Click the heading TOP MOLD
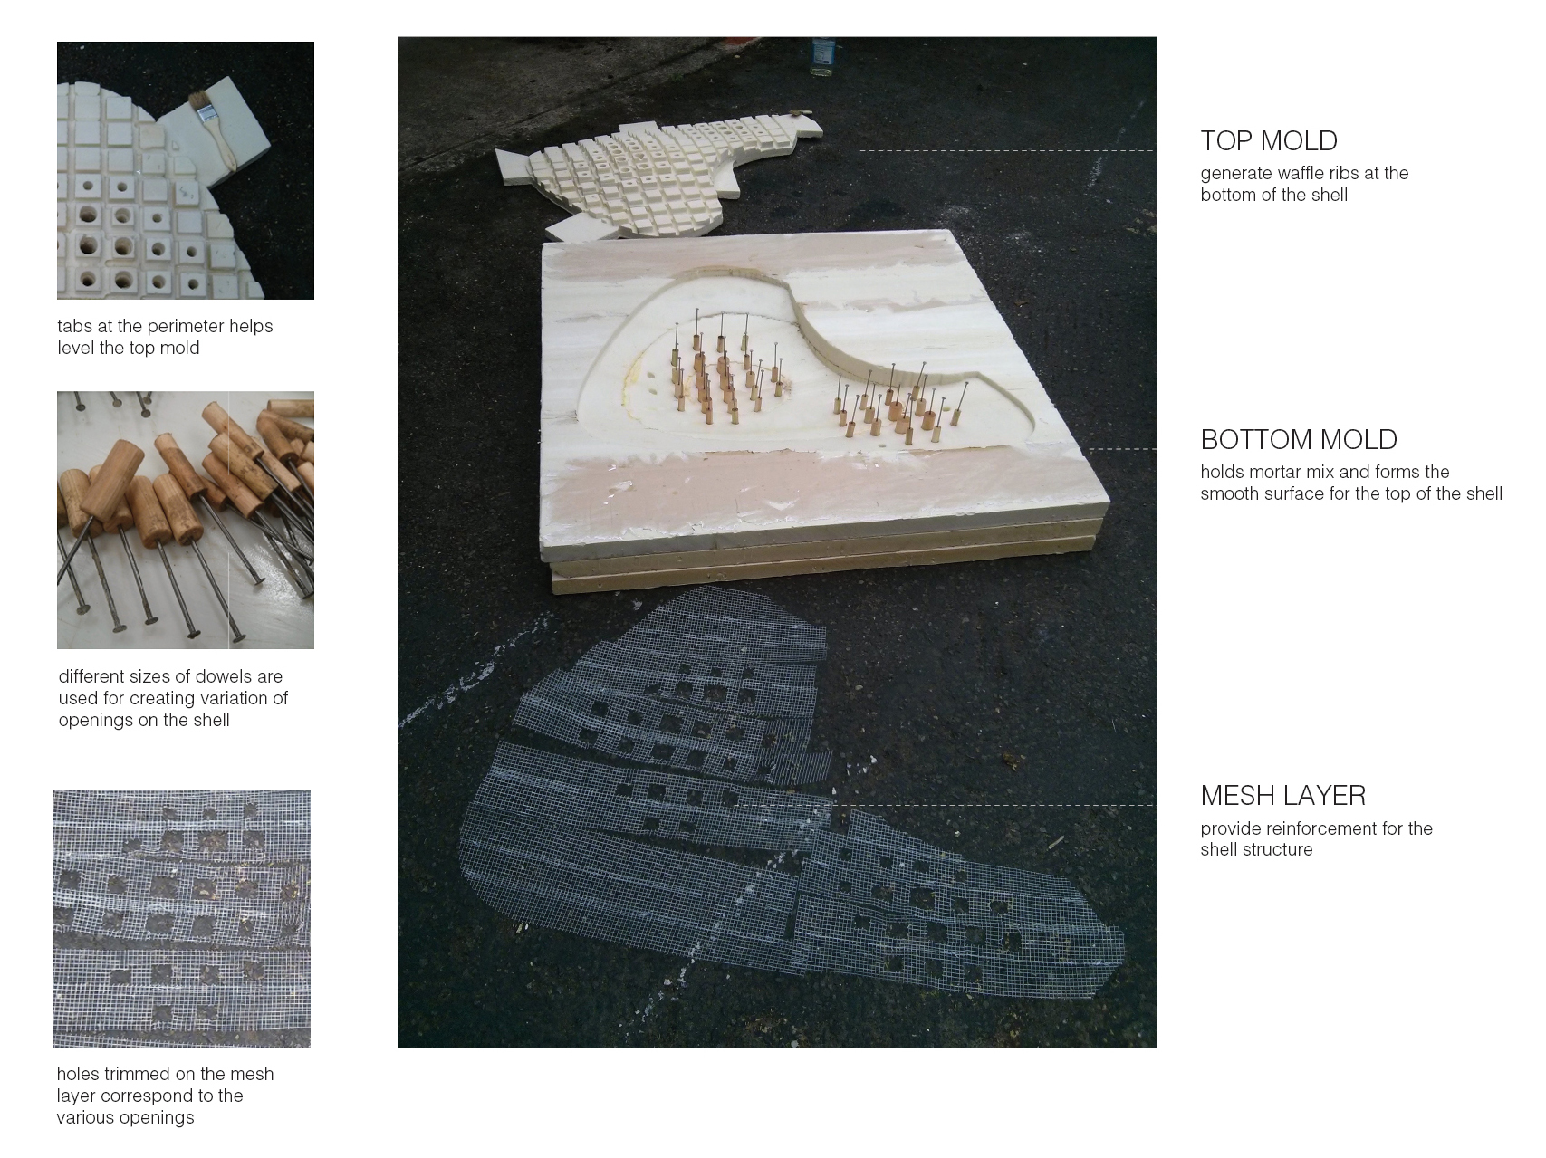click(1269, 141)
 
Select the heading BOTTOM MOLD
click(1299, 440)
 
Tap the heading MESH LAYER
click(1282, 796)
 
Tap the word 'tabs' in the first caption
click(74, 327)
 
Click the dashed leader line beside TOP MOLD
click(1006, 150)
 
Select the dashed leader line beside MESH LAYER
click(992, 805)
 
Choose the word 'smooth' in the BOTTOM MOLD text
click(1230, 494)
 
